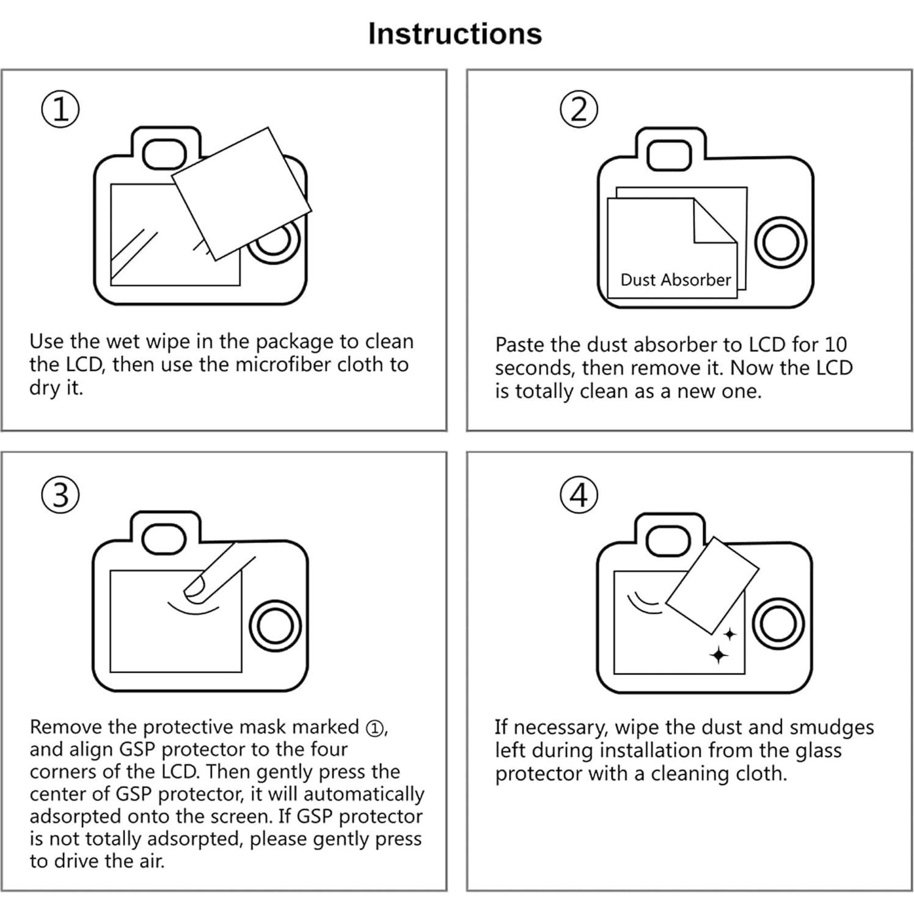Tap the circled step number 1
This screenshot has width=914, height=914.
coord(60,110)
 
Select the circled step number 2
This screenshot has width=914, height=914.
coord(579,109)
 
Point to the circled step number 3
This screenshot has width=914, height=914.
coord(60,494)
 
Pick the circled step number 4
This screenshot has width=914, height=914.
coord(579,494)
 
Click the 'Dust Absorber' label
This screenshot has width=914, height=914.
coord(675,280)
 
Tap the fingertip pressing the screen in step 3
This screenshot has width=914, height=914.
coord(197,587)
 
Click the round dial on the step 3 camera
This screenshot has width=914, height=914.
coord(276,627)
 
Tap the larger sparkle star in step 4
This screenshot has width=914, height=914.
coord(719,655)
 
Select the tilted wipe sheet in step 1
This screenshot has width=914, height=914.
coord(241,194)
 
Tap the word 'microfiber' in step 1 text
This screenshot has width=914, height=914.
coord(283,365)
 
